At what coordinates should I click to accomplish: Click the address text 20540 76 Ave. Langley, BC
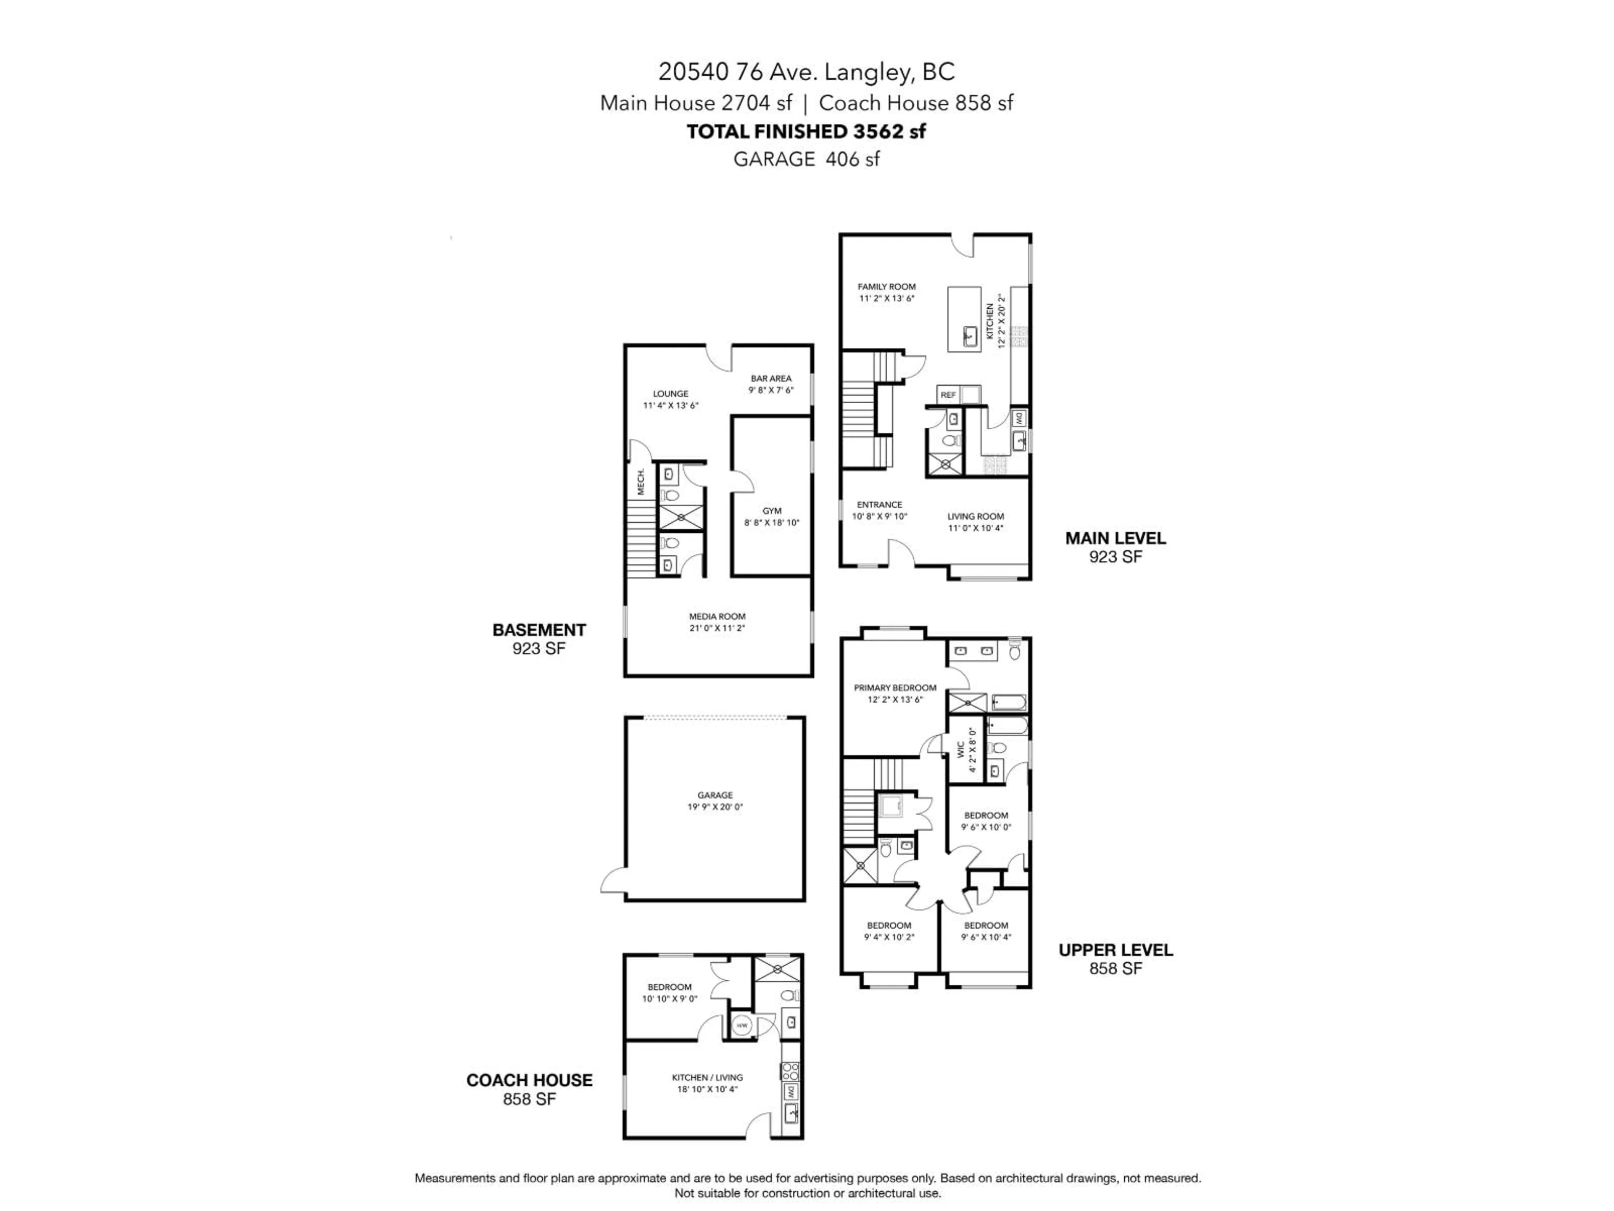coord(806,71)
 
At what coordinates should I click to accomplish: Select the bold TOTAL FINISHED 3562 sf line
coord(806,131)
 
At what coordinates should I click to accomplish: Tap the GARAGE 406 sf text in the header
coord(806,159)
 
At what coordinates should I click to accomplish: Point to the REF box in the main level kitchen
coord(948,395)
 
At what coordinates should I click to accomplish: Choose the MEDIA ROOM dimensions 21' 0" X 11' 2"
coord(717,628)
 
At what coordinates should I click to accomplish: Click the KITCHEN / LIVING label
coord(707,1077)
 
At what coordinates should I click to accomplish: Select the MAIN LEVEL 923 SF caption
coord(1115,547)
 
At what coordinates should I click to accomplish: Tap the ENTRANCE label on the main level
coord(879,505)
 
